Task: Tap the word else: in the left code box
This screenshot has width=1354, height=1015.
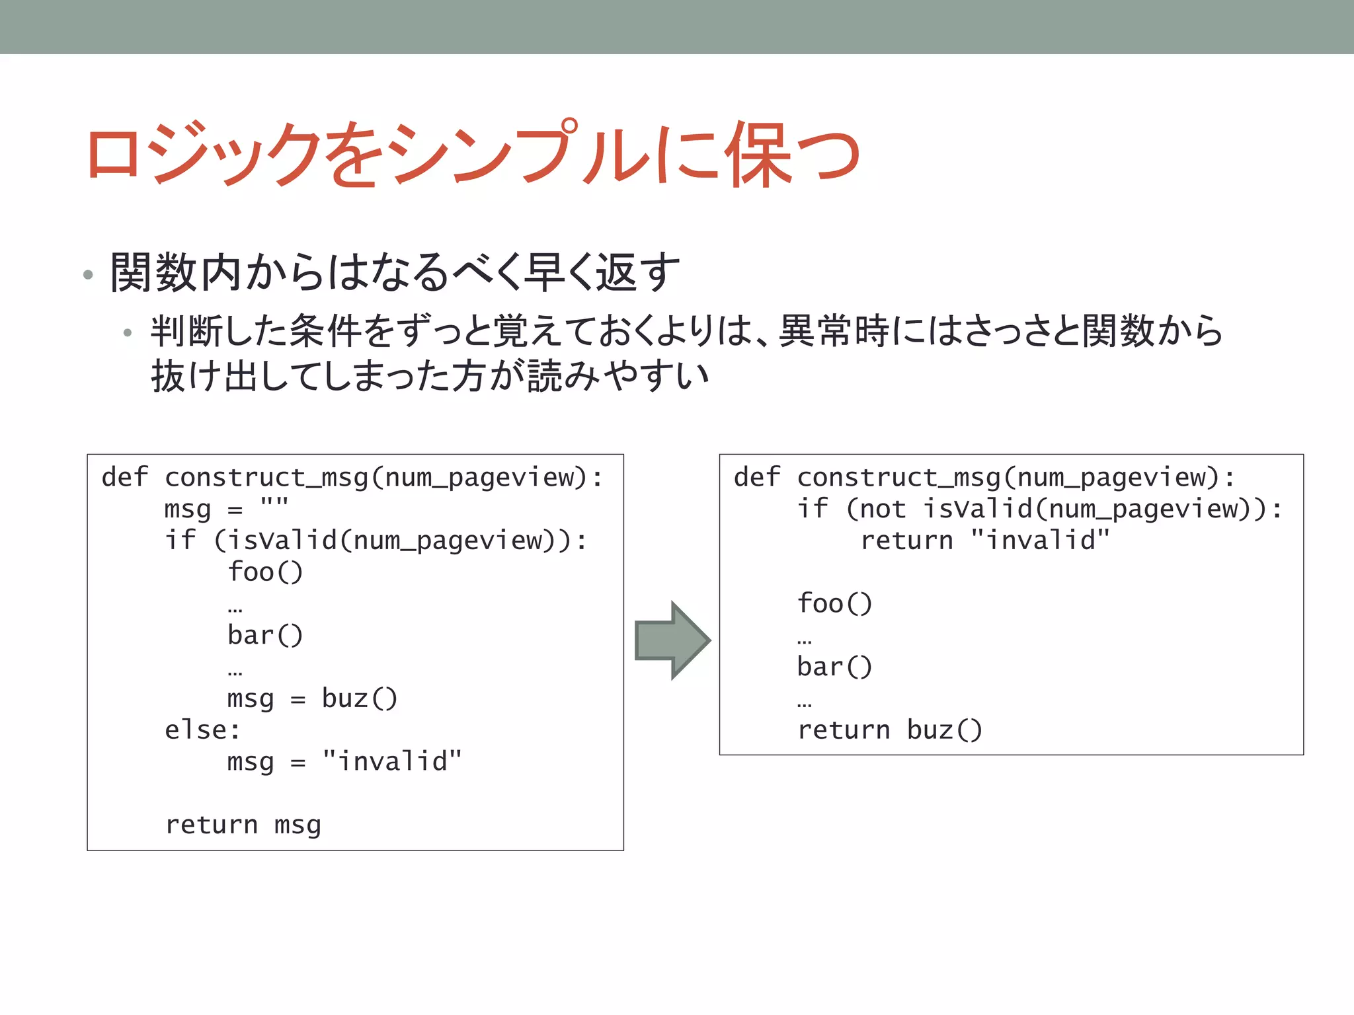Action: click(202, 730)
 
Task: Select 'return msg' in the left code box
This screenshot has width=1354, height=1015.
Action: click(243, 825)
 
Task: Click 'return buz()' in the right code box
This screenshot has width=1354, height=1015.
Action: click(890, 730)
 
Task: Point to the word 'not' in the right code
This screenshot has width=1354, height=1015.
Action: click(882, 509)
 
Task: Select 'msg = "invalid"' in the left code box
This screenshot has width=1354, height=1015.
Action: click(344, 762)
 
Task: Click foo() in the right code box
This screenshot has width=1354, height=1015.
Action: click(834, 604)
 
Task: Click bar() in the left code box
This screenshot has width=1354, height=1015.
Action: click(265, 636)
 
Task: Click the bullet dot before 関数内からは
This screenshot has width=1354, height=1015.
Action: click(88, 275)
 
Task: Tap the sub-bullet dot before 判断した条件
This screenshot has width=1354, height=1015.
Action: click(128, 333)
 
